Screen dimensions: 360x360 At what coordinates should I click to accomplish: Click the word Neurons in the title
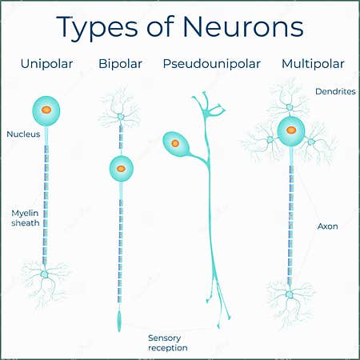[x=244, y=26]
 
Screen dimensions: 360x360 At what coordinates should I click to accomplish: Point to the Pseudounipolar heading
[x=212, y=63]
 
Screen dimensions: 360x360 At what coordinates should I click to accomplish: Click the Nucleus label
[x=22, y=134]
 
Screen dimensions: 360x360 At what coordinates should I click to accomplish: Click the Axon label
[x=327, y=226]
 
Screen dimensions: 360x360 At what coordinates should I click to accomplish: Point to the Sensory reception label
[x=167, y=342]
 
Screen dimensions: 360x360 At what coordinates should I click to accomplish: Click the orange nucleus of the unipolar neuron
[x=46, y=110]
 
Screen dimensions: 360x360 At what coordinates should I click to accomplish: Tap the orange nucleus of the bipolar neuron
[x=120, y=169]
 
